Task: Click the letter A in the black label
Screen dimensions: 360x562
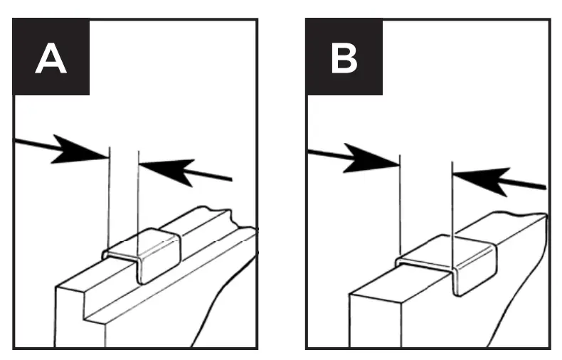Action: pos(51,58)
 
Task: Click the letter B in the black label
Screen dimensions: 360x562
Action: pos(344,58)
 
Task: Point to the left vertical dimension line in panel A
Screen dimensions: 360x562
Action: pos(109,199)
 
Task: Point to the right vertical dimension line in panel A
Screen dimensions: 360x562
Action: pos(138,199)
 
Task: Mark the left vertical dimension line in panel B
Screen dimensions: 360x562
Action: pos(401,206)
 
